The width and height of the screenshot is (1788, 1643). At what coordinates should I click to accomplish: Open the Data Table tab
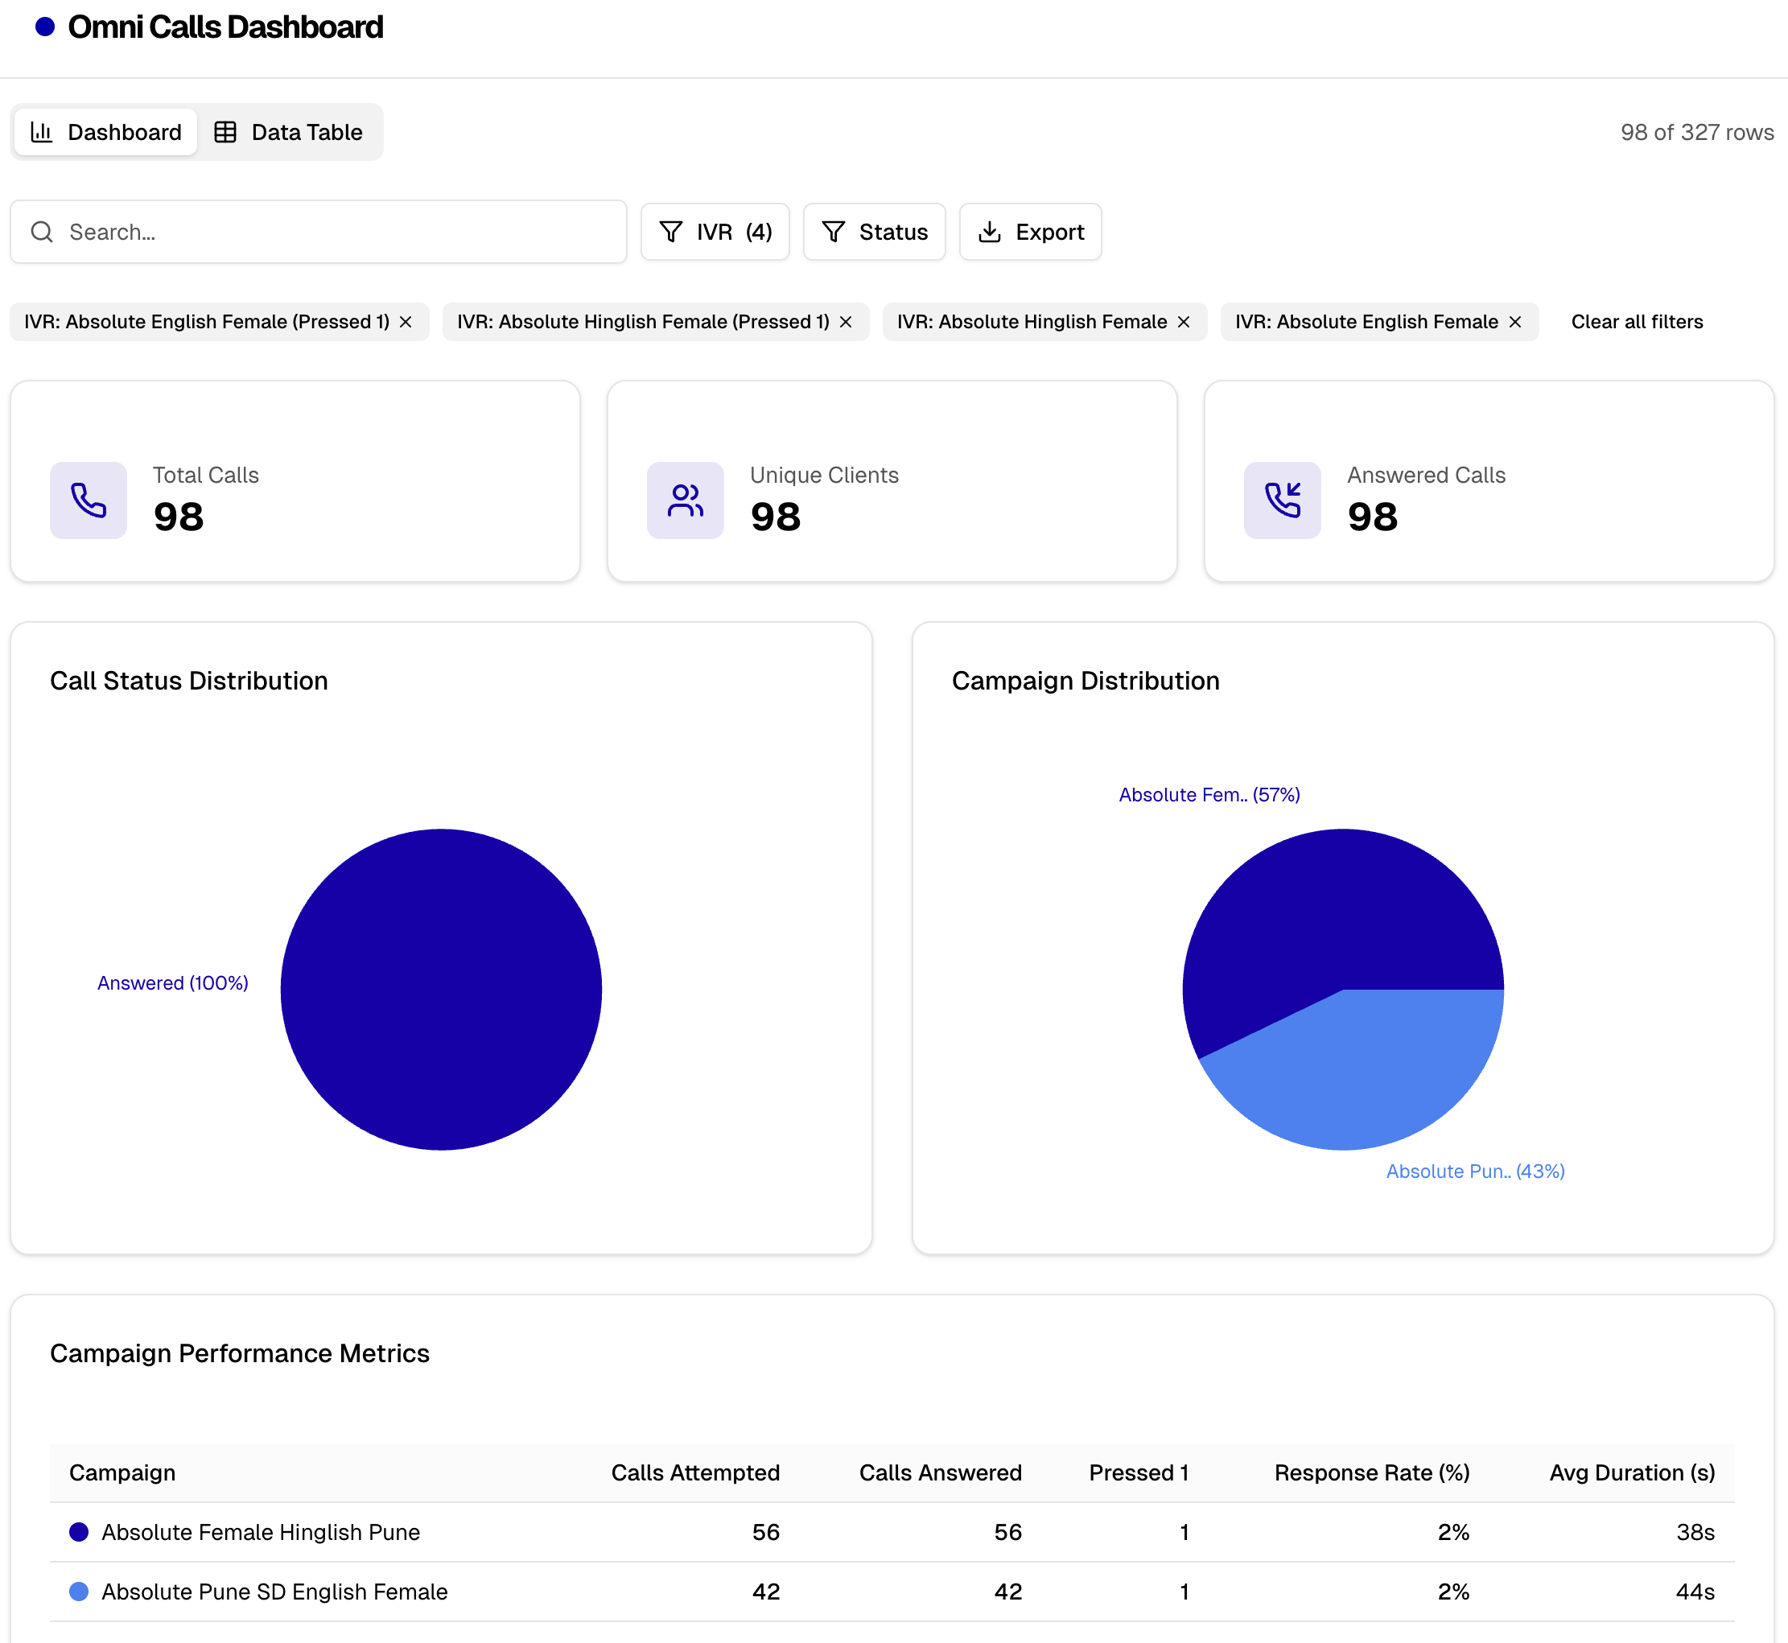288,133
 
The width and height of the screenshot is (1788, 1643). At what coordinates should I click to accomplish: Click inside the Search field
338,232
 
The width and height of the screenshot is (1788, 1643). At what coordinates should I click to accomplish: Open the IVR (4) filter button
715,232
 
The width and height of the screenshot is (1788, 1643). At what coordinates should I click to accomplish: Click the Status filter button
874,232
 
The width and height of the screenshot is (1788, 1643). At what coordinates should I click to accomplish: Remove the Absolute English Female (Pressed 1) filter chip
406,322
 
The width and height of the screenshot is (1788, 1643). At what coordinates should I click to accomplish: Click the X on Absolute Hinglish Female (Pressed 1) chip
846,322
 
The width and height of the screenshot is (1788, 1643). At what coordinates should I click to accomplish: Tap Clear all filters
1636,322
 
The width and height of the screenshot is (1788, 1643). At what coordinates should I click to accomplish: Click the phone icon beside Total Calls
88,500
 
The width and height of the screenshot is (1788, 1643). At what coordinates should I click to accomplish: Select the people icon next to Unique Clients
686,500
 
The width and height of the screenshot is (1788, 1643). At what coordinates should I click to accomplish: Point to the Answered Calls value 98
1372,517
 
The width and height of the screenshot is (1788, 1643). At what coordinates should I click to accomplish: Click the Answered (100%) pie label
172,983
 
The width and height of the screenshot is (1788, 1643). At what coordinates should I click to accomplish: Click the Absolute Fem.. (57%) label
1209,795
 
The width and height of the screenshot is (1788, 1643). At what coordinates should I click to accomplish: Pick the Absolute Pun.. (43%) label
1475,1172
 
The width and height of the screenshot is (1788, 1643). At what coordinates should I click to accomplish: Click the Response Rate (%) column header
1371,1473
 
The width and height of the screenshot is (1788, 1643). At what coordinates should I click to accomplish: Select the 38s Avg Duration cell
1695,1532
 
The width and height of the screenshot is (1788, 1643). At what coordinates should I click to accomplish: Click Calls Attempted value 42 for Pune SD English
765,1592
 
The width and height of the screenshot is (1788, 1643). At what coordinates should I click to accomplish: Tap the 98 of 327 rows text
1695,133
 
